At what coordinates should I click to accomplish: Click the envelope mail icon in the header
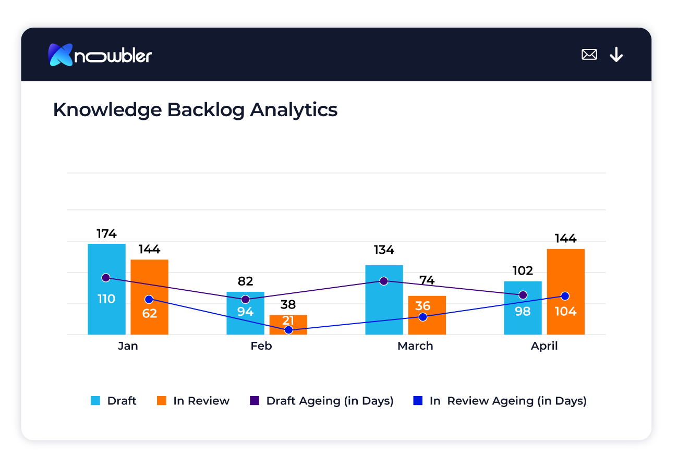pos(589,54)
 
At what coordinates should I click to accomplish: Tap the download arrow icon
pos(616,54)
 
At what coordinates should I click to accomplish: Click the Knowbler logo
pos(100,55)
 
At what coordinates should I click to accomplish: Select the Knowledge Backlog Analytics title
pos(195,110)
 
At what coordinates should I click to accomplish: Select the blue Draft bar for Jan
pos(106,318)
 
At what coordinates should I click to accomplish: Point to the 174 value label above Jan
pos(106,233)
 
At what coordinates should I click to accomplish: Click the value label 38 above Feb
pos(288,305)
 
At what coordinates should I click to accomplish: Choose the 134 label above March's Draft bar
pos(384,250)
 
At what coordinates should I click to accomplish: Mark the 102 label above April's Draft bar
pos(523,271)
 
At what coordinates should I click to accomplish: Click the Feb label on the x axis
pos(261,346)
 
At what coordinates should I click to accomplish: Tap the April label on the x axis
pos(544,346)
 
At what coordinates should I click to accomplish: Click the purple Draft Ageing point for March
pos(384,281)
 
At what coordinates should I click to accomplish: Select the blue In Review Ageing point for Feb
pos(288,330)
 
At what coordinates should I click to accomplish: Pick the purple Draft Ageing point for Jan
pos(106,277)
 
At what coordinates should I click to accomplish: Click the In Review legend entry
pos(193,401)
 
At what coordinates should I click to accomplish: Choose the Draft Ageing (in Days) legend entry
pos(322,401)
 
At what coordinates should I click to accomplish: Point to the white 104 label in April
pos(565,312)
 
